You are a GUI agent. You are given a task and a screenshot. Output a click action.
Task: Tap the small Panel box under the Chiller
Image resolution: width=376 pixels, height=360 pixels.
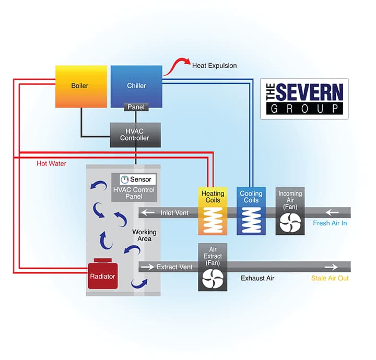pos(136,107)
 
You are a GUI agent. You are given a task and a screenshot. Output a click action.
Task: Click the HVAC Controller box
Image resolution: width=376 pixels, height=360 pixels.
pos(135,135)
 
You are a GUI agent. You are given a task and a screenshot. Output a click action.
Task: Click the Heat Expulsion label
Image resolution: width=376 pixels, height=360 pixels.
pos(214,66)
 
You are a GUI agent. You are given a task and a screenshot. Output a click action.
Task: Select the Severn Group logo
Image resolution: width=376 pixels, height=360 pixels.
pos(304,99)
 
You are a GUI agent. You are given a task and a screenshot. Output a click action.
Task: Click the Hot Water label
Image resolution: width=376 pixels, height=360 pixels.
pos(51,163)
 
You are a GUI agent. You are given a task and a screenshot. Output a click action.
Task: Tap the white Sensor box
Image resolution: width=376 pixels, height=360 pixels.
pos(135,179)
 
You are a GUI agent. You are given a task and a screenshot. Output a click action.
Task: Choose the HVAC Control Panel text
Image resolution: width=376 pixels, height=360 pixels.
pos(134,193)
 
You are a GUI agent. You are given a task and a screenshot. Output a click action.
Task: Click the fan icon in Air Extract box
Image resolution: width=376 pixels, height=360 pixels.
pos(212,279)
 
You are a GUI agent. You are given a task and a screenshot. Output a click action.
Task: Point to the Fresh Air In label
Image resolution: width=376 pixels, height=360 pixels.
pos(330,223)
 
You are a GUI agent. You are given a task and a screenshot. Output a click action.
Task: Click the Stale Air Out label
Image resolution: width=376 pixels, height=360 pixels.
pos(330,279)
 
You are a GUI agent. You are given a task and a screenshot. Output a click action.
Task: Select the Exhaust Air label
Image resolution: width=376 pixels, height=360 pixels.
pos(257,279)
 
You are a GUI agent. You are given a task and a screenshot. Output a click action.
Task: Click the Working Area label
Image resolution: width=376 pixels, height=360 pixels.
pos(144,235)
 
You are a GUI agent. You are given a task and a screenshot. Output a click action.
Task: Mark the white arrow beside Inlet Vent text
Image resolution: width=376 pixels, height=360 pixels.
pos(149,212)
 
